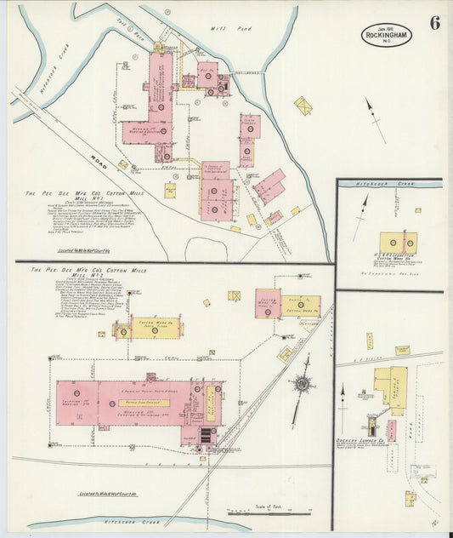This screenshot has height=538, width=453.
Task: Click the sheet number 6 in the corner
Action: point(434,23)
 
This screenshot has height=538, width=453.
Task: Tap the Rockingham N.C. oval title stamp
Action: point(385,34)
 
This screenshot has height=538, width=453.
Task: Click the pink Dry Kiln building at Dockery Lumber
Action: point(391,430)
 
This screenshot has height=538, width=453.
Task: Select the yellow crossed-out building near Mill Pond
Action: point(303,106)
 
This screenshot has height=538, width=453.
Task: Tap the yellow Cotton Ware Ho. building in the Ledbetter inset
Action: point(396,242)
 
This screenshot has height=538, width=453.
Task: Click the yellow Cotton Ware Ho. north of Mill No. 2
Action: point(146,329)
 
